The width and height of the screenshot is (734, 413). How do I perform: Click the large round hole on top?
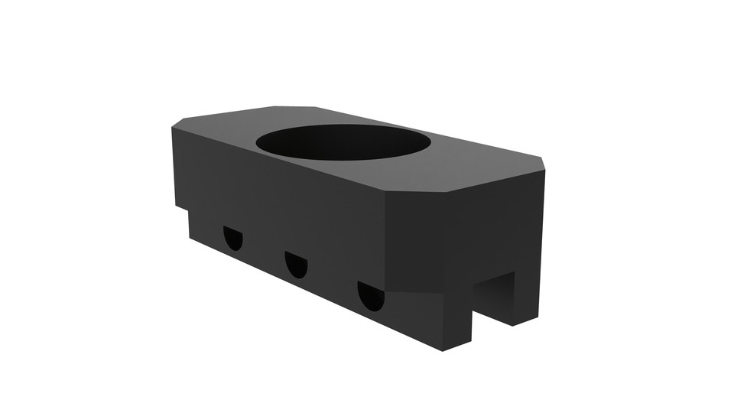[343, 142]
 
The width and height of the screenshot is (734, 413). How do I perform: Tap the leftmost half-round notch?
[233, 238]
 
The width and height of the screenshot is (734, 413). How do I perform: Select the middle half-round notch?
[296, 264]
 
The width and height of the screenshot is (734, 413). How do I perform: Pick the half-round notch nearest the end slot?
[371, 295]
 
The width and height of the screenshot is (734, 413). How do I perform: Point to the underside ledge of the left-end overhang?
[182, 210]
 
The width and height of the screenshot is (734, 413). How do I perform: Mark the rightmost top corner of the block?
[544, 161]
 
